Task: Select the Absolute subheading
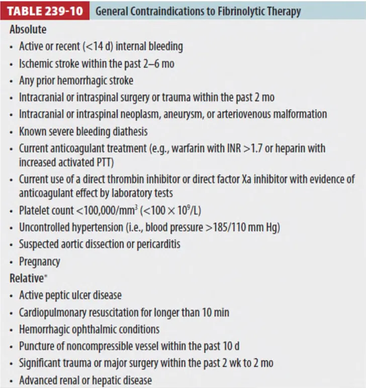click(x=28, y=30)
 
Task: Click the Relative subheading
click(x=26, y=278)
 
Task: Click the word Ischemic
click(x=37, y=64)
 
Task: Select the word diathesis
click(x=129, y=132)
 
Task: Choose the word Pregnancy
click(x=39, y=262)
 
